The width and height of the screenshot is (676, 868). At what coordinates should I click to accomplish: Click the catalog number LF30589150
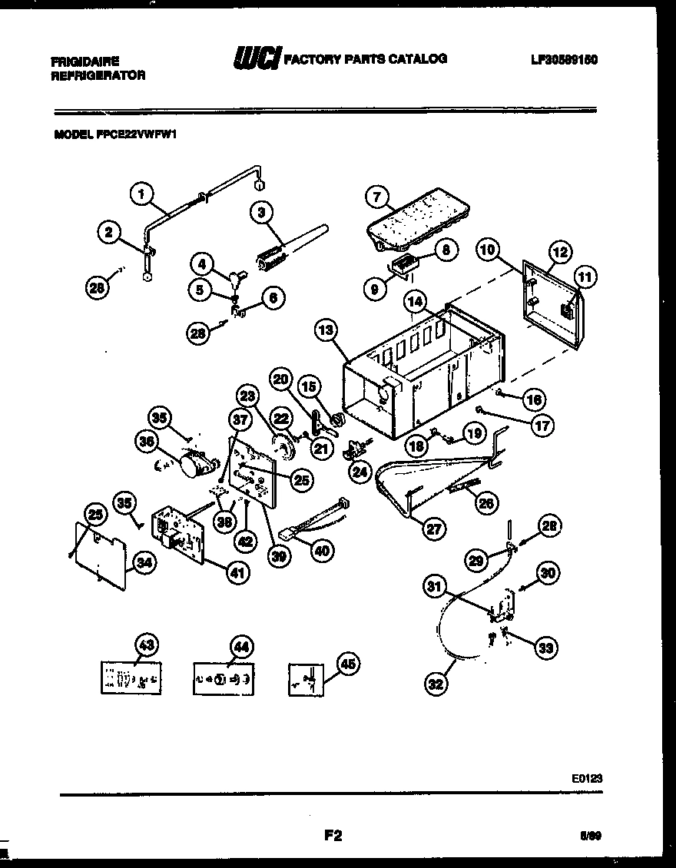(x=563, y=59)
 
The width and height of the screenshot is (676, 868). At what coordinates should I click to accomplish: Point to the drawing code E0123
(x=586, y=777)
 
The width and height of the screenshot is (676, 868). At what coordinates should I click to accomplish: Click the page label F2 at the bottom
(x=333, y=836)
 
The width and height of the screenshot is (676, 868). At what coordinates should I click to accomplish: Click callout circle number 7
(x=376, y=197)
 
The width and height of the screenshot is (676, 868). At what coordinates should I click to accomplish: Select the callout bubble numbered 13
(x=327, y=330)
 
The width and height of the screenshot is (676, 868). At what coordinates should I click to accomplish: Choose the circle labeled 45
(x=347, y=666)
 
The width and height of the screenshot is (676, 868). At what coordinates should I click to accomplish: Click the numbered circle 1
(x=141, y=195)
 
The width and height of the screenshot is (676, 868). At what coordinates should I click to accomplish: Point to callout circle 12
(x=560, y=251)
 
